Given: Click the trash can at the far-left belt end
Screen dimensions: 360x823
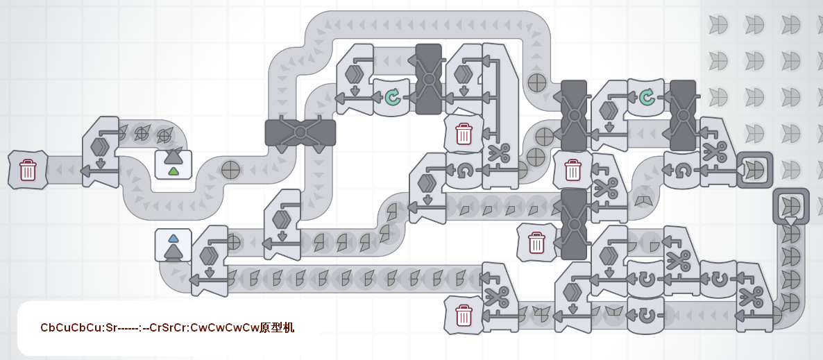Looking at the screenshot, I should pyautogui.click(x=28, y=169).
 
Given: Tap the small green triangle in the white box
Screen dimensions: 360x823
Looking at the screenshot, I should pyautogui.click(x=173, y=171).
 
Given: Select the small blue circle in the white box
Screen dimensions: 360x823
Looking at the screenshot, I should pyautogui.click(x=173, y=237).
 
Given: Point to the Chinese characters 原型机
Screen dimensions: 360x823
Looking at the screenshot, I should pyautogui.click(x=278, y=327).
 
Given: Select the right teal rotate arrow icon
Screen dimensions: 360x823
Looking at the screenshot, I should pyautogui.click(x=647, y=97).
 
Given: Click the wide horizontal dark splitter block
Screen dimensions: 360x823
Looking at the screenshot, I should pyautogui.click(x=300, y=132).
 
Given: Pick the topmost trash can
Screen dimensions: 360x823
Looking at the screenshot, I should pyautogui.click(x=464, y=133).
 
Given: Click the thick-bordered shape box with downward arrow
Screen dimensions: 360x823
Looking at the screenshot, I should pyautogui.click(x=791, y=205).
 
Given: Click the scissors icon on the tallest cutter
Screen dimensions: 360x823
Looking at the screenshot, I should pyautogui.click(x=499, y=151).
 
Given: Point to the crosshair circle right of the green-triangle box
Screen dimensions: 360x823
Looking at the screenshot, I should pyautogui.click(x=230, y=169).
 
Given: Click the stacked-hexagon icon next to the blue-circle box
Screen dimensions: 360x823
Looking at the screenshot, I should pyautogui.click(x=209, y=255).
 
